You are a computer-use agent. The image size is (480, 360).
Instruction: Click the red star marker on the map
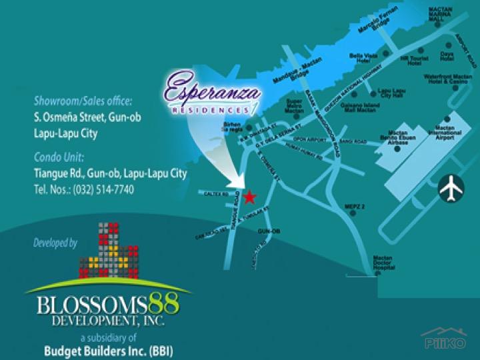coord(249,197)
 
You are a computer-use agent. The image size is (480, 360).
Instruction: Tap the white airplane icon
coord(451,189)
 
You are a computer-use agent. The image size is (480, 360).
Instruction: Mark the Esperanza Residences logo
coord(211,95)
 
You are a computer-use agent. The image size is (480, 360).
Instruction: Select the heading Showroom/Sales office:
coord(83,101)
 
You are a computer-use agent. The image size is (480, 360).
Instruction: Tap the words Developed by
coord(55,243)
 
